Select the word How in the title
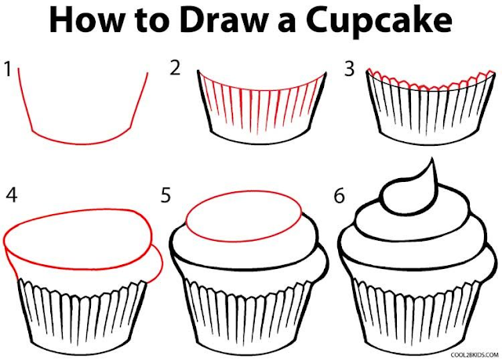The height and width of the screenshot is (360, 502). pyautogui.click(x=85, y=20)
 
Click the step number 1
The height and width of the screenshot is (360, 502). pyautogui.click(x=9, y=69)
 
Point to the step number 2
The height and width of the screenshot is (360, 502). pyautogui.click(x=175, y=68)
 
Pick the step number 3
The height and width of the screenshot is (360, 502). pyautogui.click(x=350, y=68)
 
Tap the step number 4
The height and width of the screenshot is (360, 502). pyautogui.click(x=12, y=195)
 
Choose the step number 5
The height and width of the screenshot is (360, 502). pyautogui.click(x=166, y=195)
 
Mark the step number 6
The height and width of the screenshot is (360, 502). pyautogui.click(x=340, y=195)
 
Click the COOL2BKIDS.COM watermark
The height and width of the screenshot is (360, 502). pyautogui.click(x=475, y=355)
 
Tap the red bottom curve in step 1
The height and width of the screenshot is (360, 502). pyautogui.click(x=82, y=144)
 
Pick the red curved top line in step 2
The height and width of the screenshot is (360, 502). pyautogui.click(x=262, y=90)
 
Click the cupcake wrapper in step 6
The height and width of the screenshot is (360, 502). pyautogui.click(x=417, y=317)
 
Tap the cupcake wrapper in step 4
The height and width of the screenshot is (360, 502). pyautogui.click(x=82, y=317)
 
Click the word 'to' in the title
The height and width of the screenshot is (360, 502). pyautogui.click(x=151, y=22)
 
